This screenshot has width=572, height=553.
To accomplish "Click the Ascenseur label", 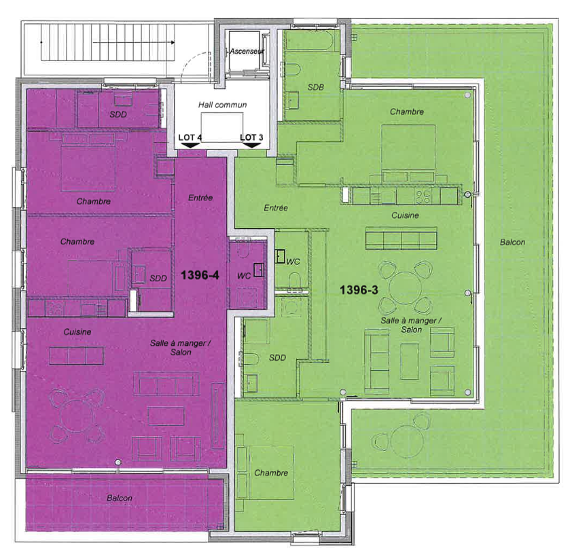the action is click(x=247, y=52).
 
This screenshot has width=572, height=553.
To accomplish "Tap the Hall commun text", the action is click(x=223, y=105).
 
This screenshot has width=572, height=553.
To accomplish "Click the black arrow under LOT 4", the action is click(x=190, y=145).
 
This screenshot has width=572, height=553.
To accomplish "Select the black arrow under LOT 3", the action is click(x=252, y=145).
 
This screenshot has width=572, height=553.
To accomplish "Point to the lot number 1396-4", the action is click(x=200, y=274).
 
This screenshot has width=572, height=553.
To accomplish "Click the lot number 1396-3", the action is click(x=359, y=290).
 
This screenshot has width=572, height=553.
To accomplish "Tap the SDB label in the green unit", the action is click(x=316, y=87).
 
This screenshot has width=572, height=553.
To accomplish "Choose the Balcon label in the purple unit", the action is click(x=120, y=498).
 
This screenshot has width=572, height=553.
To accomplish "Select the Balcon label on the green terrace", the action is click(x=512, y=243).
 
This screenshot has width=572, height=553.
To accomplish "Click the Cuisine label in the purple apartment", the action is click(x=77, y=332).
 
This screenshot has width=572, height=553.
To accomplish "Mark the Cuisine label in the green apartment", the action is click(x=405, y=215).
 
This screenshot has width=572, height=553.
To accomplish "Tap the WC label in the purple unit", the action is click(x=244, y=276).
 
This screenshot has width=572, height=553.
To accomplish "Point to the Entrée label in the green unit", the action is click(x=276, y=208).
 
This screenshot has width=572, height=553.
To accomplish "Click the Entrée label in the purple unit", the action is click(x=200, y=198).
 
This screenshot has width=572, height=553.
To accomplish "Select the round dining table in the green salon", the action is click(x=405, y=288).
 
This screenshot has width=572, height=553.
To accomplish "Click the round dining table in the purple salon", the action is click(x=77, y=416).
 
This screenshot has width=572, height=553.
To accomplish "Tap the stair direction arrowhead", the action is click(x=173, y=42).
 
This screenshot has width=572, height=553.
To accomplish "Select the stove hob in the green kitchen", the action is click(x=423, y=197).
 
